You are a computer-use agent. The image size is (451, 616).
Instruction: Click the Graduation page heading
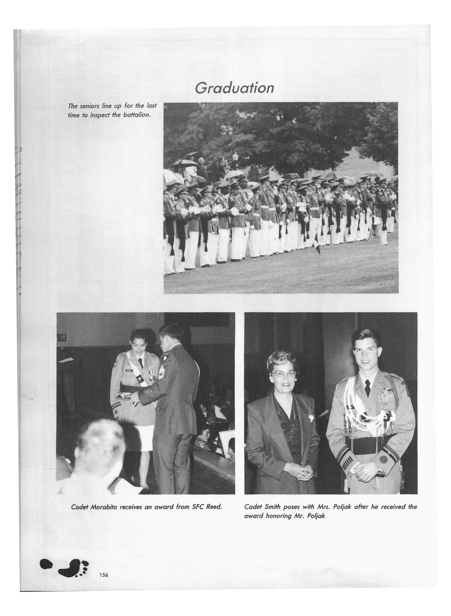click(234, 88)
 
